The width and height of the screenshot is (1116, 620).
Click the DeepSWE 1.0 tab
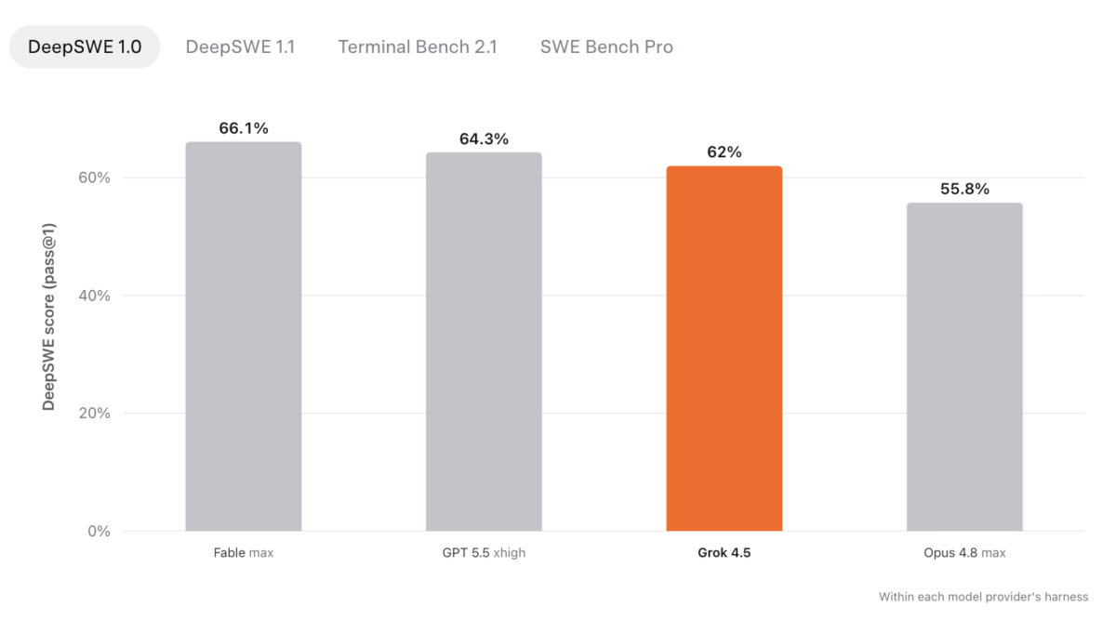pyautogui.click(x=85, y=46)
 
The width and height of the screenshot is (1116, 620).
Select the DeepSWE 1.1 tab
pyautogui.click(x=240, y=46)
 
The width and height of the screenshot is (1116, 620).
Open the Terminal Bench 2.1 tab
pyautogui.click(x=418, y=46)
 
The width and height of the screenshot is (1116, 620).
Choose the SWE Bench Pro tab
pyautogui.click(x=606, y=46)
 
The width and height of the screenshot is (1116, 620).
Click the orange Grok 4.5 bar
pyautogui.click(x=724, y=349)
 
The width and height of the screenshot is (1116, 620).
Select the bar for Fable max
pyautogui.click(x=244, y=336)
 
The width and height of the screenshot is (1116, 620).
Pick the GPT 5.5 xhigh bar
pyautogui.click(x=484, y=342)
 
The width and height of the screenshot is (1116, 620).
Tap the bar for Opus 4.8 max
pyautogui.click(x=964, y=367)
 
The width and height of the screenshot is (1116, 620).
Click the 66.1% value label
pyautogui.click(x=244, y=128)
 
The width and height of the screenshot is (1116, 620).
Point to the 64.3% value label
pyautogui.click(x=484, y=139)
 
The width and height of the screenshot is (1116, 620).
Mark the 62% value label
pyautogui.click(x=724, y=152)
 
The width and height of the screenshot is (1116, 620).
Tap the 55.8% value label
pyautogui.click(x=964, y=189)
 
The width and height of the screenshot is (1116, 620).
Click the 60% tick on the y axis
pyautogui.click(x=94, y=178)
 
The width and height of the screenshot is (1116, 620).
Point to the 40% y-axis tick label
pyautogui.click(x=94, y=296)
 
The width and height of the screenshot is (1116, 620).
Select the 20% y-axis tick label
pyautogui.click(x=94, y=414)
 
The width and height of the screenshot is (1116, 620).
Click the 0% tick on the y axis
pyautogui.click(x=99, y=532)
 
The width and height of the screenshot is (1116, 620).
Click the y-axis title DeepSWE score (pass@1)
pyautogui.click(x=48, y=317)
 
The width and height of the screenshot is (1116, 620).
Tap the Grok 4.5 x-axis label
pyautogui.click(x=724, y=553)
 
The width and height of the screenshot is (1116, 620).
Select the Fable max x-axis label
pyautogui.click(x=244, y=553)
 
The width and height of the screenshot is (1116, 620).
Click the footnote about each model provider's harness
pyautogui.click(x=984, y=597)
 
